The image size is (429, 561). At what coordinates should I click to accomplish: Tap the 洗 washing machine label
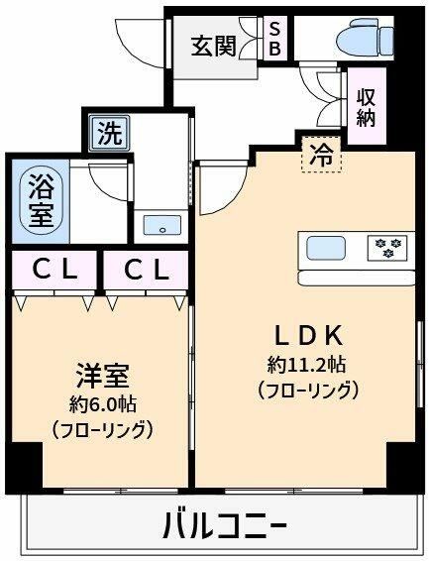point(108,134)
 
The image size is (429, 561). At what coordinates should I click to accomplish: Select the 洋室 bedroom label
point(102,378)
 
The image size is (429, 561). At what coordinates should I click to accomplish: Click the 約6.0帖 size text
point(102,404)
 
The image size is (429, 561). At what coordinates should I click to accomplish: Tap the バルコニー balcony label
point(225,525)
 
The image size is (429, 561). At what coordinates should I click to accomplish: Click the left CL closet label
point(55,270)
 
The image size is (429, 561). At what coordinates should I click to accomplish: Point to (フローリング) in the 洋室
point(102,430)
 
